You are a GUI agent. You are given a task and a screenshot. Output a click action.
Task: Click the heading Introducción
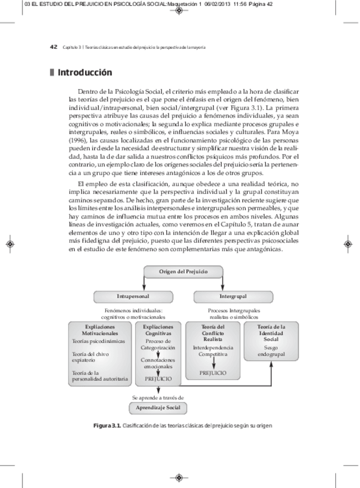[x=84, y=73]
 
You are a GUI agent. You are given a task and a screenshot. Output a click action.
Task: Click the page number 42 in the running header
[x=54, y=47]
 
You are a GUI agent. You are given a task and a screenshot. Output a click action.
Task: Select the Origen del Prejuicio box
[x=179, y=272]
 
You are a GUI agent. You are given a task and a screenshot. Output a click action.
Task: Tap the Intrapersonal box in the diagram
[x=133, y=296]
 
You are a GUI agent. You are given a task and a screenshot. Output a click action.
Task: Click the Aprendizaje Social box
[x=157, y=408]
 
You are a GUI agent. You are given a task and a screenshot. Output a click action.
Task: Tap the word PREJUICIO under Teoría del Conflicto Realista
[x=213, y=373]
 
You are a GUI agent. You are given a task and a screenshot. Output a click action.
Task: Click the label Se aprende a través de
[x=158, y=397]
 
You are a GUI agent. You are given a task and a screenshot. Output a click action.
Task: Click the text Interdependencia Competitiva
[x=213, y=351]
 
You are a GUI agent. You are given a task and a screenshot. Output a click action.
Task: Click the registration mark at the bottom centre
[x=179, y=478]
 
